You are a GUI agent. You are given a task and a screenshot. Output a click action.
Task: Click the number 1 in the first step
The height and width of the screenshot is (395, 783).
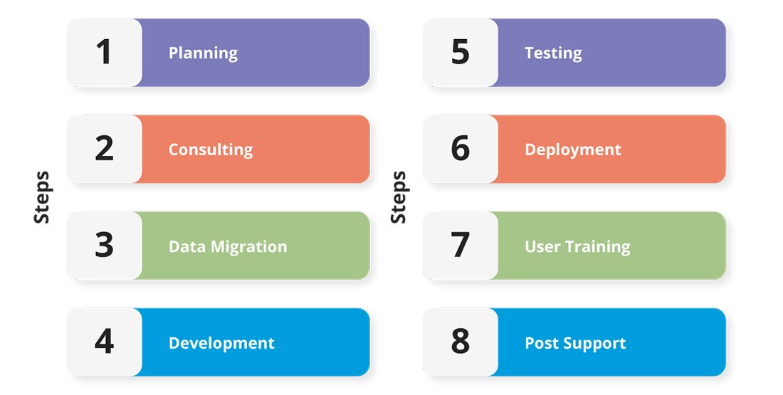coord(103,52)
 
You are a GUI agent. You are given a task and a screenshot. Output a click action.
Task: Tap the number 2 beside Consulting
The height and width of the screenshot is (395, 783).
coord(104,148)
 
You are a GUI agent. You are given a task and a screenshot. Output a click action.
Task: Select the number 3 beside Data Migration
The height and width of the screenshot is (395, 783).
coord(104,245)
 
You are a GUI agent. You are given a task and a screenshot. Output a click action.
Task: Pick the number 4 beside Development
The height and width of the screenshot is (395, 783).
coord(104,341)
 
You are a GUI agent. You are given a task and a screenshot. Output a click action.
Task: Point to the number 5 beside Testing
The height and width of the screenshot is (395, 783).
coord(460,52)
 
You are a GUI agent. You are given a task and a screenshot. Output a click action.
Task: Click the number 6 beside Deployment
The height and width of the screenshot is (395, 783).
coord(460,148)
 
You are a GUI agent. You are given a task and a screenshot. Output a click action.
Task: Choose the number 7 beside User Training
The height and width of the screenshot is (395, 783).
coord(460,245)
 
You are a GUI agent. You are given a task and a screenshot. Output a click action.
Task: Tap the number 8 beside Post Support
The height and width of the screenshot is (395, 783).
coord(460,341)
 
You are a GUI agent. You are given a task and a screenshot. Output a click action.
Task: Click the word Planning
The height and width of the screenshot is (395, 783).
coord(203,53)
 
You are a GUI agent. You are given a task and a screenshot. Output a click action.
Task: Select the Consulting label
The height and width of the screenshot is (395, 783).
coord(210,149)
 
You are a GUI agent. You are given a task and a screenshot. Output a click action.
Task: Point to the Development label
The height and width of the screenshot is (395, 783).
coord(221,343)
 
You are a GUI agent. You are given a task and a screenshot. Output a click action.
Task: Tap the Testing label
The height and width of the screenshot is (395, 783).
coord(553,53)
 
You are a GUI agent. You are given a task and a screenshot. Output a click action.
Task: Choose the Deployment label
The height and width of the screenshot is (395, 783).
coord(573,149)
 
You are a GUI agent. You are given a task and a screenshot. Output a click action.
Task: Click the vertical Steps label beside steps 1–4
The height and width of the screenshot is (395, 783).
coord(42,197)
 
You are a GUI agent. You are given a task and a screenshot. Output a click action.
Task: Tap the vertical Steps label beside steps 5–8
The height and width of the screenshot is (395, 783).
coord(399,197)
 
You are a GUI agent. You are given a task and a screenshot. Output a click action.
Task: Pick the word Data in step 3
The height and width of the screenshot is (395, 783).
coord(186,247)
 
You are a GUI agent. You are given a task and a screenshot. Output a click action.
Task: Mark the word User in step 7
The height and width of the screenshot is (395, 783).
coord(542,247)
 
